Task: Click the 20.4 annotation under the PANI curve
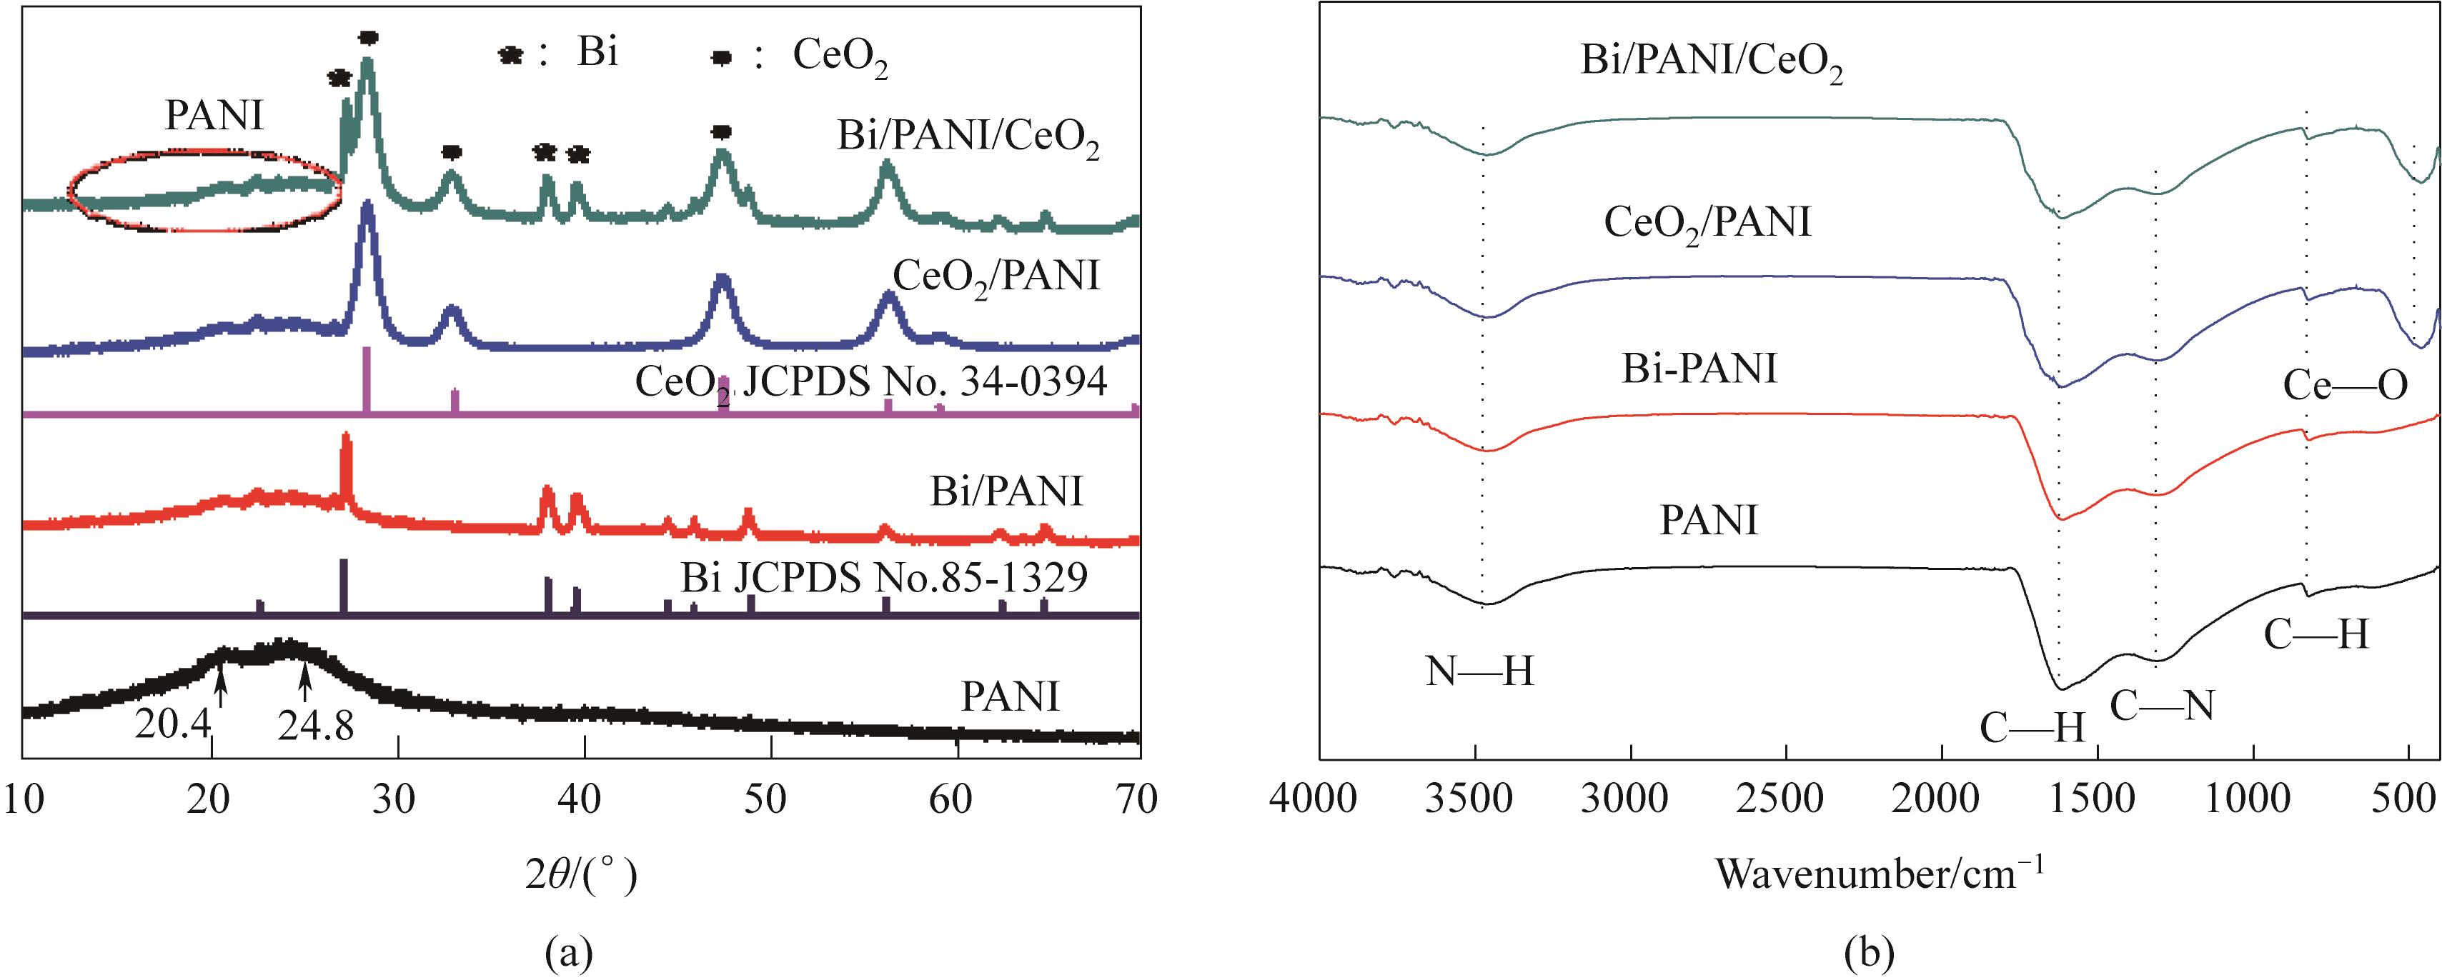point(172,725)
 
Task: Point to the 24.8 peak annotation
point(316,726)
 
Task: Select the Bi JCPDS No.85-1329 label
point(883,577)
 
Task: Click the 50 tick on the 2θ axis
point(764,800)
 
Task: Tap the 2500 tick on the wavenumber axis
point(1785,800)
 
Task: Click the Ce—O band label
point(2344,386)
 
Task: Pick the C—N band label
point(2161,706)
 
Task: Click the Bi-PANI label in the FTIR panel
point(1699,368)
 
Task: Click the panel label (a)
point(570,951)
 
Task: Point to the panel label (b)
point(1870,951)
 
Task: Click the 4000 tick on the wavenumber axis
point(1319,800)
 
